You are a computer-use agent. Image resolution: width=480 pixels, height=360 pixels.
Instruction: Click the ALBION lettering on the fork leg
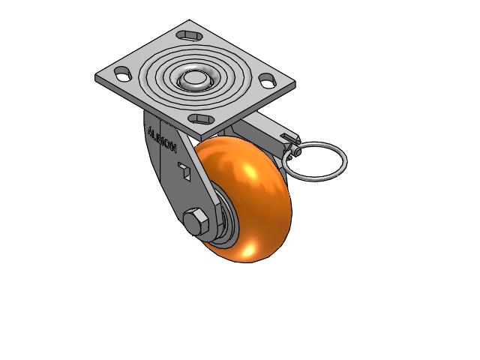(162, 140)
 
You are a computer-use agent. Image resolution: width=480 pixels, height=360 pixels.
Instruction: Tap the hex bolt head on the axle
(196, 221)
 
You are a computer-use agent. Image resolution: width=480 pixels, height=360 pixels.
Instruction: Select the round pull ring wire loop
(315, 161)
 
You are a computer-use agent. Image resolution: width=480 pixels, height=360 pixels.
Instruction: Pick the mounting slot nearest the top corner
(189, 35)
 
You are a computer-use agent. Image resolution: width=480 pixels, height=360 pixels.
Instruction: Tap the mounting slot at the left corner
(123, 73)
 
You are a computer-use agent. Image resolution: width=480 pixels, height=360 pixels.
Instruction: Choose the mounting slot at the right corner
(268, 81)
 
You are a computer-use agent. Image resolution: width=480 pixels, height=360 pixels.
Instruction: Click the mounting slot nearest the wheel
(201, 118)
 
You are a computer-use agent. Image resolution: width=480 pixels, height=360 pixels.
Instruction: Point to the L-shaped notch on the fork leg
(185, 170)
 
